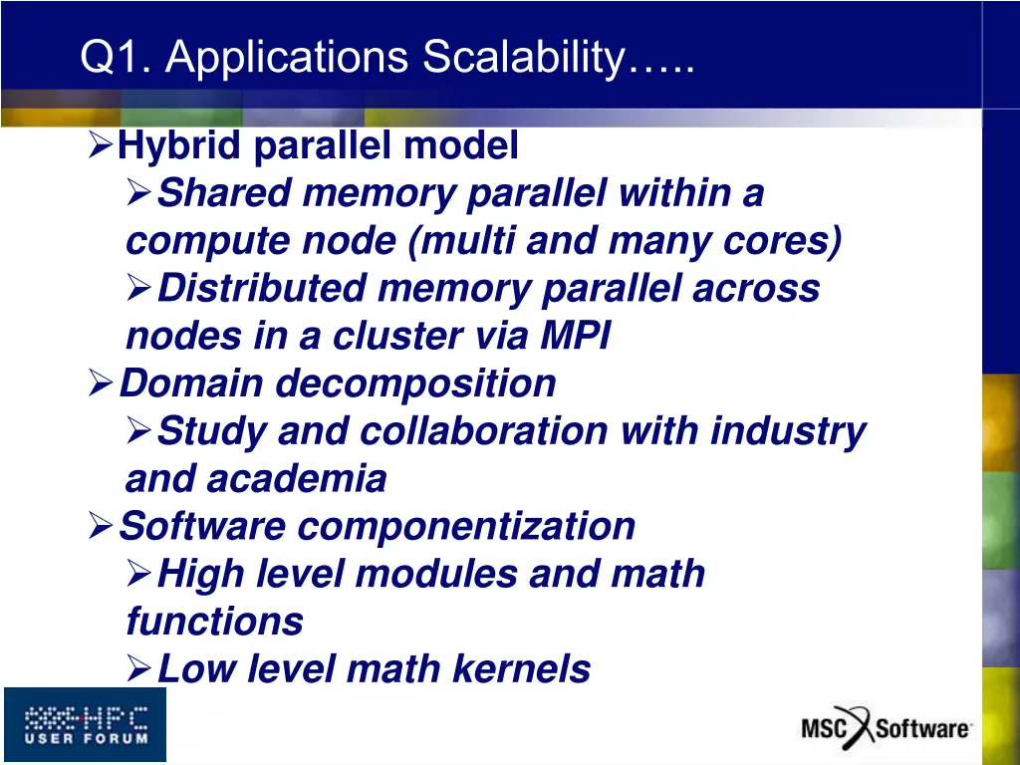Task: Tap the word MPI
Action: coord(575,336)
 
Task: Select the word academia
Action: coord(296,479)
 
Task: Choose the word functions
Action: coord(214,622)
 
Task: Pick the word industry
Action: coord(787,431)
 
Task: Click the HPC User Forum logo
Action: coord(85,724)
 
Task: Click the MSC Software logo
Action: coord(886,726)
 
